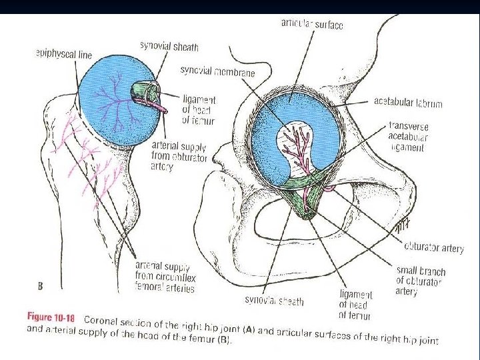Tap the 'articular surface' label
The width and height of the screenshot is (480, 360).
pyautogui.click(x=312, y=25)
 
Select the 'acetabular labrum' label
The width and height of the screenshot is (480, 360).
pyautogui.click(x=407, y=102)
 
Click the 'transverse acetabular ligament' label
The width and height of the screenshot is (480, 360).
pyautogui.click(x=409, y=137)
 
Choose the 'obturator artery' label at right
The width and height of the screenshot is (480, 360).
pyautogui.click(x=433, y=247)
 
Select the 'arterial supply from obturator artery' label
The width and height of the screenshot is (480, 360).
pyautogui.click(x=179, y=156)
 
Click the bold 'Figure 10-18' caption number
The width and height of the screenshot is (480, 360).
pyautogui.click(x=51, y=318)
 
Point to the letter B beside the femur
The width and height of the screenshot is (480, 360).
pyautogui.click(x=41, y=287)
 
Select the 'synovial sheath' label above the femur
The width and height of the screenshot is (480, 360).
pyautogui.click(x=169, y=46)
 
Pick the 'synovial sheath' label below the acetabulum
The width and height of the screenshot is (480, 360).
pyautogui.click(x=274, y=301)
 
